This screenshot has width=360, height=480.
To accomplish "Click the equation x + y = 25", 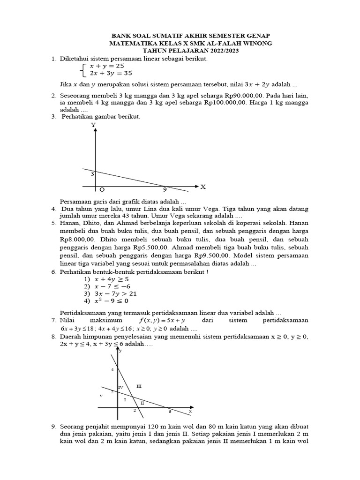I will [104, 66].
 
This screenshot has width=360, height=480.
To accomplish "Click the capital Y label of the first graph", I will [93, 125].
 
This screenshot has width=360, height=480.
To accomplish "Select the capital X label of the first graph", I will [203, 187].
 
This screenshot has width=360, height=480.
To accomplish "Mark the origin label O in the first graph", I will [102, 190].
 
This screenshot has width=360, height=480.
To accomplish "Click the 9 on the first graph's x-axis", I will [165, 190].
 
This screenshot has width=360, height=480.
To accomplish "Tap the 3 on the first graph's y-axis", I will [92, 174].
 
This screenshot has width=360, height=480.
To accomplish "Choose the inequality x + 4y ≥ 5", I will [111, 279].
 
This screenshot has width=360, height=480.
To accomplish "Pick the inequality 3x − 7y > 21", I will [114, 293].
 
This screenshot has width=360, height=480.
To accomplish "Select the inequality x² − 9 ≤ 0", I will [111, 301].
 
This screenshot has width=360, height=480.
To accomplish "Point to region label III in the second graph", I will [138, 386].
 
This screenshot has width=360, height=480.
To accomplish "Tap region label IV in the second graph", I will [120, 387].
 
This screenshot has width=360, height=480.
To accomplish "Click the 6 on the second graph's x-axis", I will [170, 411].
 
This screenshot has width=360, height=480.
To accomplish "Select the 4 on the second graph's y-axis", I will [112, 370].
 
